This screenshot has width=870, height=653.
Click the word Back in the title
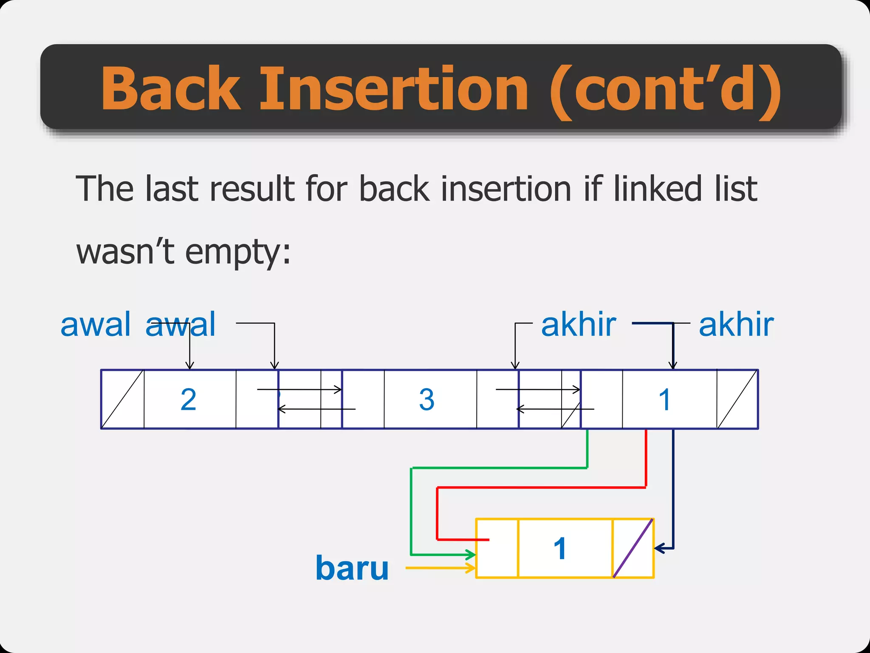point(170,89)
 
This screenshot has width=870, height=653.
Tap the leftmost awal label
point(96,325)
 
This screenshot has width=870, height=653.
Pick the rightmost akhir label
point(736,325)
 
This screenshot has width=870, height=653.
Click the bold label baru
point(352,568)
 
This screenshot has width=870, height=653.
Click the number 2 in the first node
point(189,400)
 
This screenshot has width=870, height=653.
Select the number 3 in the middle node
point(427,400)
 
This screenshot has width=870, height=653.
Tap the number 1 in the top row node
point(664,400)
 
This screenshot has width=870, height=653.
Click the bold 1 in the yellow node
point(560,548)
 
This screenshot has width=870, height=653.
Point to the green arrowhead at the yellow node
point(471,554)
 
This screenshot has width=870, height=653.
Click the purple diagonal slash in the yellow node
point(633,548)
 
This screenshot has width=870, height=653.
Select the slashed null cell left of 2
point(123,399)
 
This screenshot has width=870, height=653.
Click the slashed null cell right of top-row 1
point(737,399)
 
